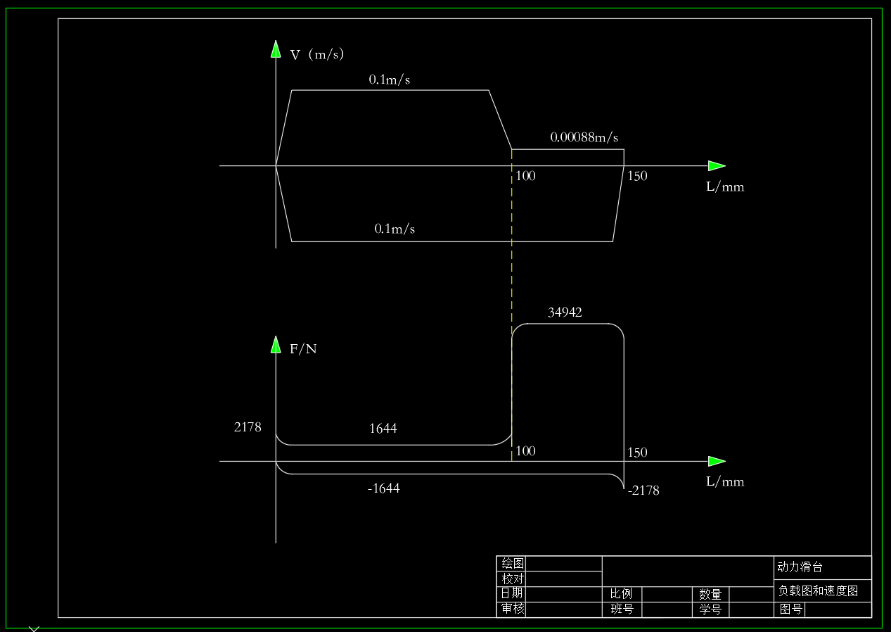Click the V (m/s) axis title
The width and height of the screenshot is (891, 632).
pyautogui.click(x=316, y=54)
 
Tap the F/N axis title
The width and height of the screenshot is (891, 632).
pyautogui.click(x=303, y=349)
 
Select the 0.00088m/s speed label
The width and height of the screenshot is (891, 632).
pyautogui.click(x=584, y=137)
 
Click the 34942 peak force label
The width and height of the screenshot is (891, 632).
pyautogui.click(x=565, y=312)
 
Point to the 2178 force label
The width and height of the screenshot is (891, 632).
pyautogui.click(x=248, y=427)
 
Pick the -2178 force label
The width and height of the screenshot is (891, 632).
pyautogui.click(x=643, y=491)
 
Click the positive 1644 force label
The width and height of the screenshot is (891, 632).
pyautogui.click(x=383, y=429)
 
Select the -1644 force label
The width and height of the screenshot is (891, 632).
pyautogui.click(x=383, y=488)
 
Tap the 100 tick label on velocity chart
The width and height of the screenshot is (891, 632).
pyautogui.click(x=525, y=176)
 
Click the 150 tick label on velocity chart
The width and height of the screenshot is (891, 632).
pyautogui.click(x=637, y=176)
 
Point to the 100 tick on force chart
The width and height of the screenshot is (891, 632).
pyautogui.click(x=525, y=451)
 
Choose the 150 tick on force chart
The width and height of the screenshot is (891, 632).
pyautogui.click(x=637, y=453)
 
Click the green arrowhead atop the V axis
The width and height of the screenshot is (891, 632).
pyautogui.click(x=276, y=49)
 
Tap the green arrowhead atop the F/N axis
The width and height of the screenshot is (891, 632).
pyautogui.click(x=276, y=345)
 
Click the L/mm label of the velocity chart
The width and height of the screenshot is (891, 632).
pyautogui.click(x=725, y=187)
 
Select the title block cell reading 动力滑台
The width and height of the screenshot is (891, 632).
pyautogui.click(x=800, y=567)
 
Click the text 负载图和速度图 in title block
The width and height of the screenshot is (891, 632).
pyautogui.click(x=818, y=590)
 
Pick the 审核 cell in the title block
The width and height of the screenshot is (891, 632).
pyautogui.click(x=513, y=609)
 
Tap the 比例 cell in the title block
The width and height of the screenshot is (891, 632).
pyautogui.click(x=621, y=594)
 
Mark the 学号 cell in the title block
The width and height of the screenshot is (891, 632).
pyautogui.click(x=710, y=609)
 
